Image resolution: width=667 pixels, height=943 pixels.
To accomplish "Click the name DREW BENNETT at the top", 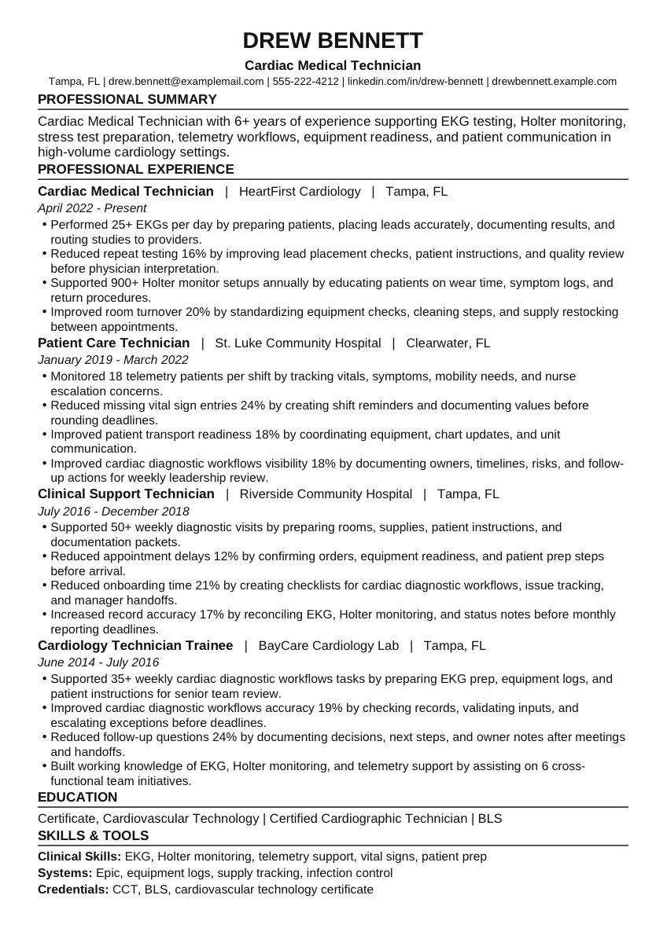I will [x=333, y=41].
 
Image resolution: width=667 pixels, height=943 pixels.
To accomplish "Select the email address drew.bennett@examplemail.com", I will [x=186, y=81].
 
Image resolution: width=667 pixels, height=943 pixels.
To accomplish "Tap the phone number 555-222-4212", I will [x=306, y=81].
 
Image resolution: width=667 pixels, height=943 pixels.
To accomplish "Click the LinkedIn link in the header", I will [x=415, y=81].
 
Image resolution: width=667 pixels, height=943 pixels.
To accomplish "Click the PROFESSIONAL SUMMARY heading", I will [x=127, y=99].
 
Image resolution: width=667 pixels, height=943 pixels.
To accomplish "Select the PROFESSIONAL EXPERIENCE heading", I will [x=135, y=169].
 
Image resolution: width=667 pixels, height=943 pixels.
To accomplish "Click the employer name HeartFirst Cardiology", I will [x=299, y=191].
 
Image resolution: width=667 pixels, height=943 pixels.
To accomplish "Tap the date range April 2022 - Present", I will [x=91, y=208].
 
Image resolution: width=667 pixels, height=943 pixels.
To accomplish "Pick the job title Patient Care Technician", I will [x=113, y=343].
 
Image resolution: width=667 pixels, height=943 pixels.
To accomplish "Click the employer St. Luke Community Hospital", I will [x=297, y=343].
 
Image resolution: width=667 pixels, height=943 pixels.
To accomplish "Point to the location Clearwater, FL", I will [x=448, y=343].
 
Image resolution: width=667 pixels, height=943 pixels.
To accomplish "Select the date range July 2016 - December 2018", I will [x=113, y=511].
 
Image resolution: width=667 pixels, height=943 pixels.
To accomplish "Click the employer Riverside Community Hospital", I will [x=326, y=494].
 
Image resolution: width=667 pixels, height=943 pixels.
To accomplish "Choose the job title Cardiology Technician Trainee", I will [x=135, y=645].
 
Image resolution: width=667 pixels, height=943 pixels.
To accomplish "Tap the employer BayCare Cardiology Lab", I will [x=328, y=645].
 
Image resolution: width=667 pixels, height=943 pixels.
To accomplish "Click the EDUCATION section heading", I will [x=77, y=797].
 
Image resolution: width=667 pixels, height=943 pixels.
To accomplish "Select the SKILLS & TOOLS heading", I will [x=93, y=835].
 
